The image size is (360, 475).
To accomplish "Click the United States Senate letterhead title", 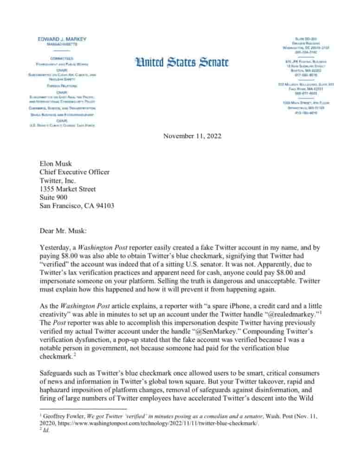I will pos(182,62).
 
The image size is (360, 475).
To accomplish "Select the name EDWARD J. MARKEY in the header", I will pos(62,39).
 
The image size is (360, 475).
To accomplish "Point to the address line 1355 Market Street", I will pos(68,189).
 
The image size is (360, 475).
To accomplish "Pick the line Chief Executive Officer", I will pos(75,172).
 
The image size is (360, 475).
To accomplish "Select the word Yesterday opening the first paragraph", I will pos(55,248).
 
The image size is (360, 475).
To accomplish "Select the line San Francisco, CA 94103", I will pos(77,205).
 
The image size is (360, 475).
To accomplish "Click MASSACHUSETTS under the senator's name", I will pos(62,45).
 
